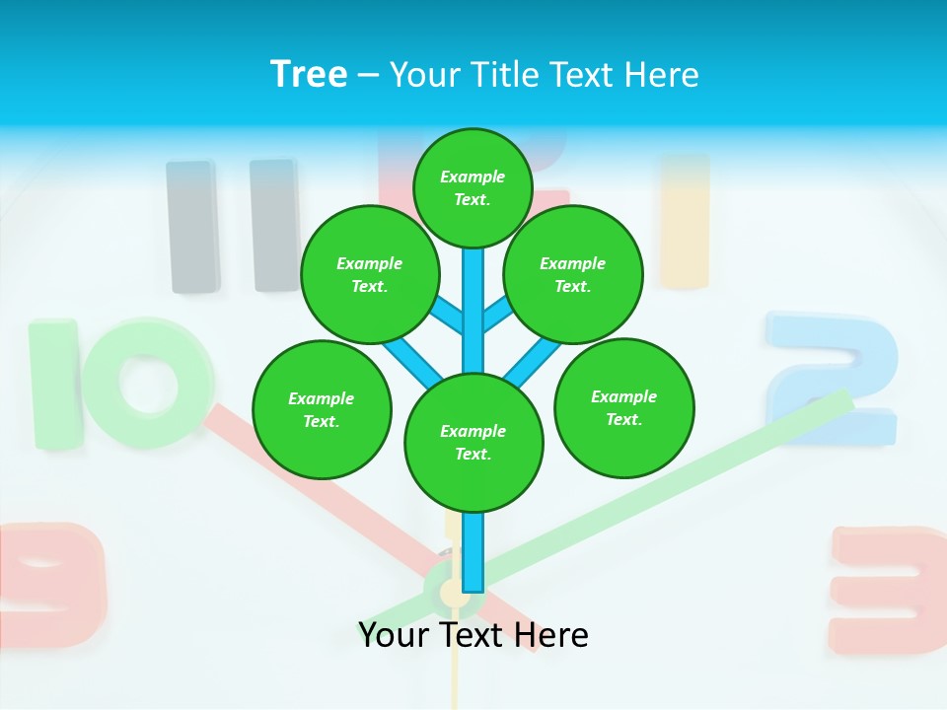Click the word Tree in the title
point(309,74)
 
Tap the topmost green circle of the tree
point(473,187)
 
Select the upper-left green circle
point(370,274)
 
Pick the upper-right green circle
point(573,274)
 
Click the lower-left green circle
point(322,409)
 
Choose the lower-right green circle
point(624,407)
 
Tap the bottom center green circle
point(473,442)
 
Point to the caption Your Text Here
point(473,634)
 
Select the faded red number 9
point(54,582)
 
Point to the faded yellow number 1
point(685,222)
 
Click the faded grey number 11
point(233,226)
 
